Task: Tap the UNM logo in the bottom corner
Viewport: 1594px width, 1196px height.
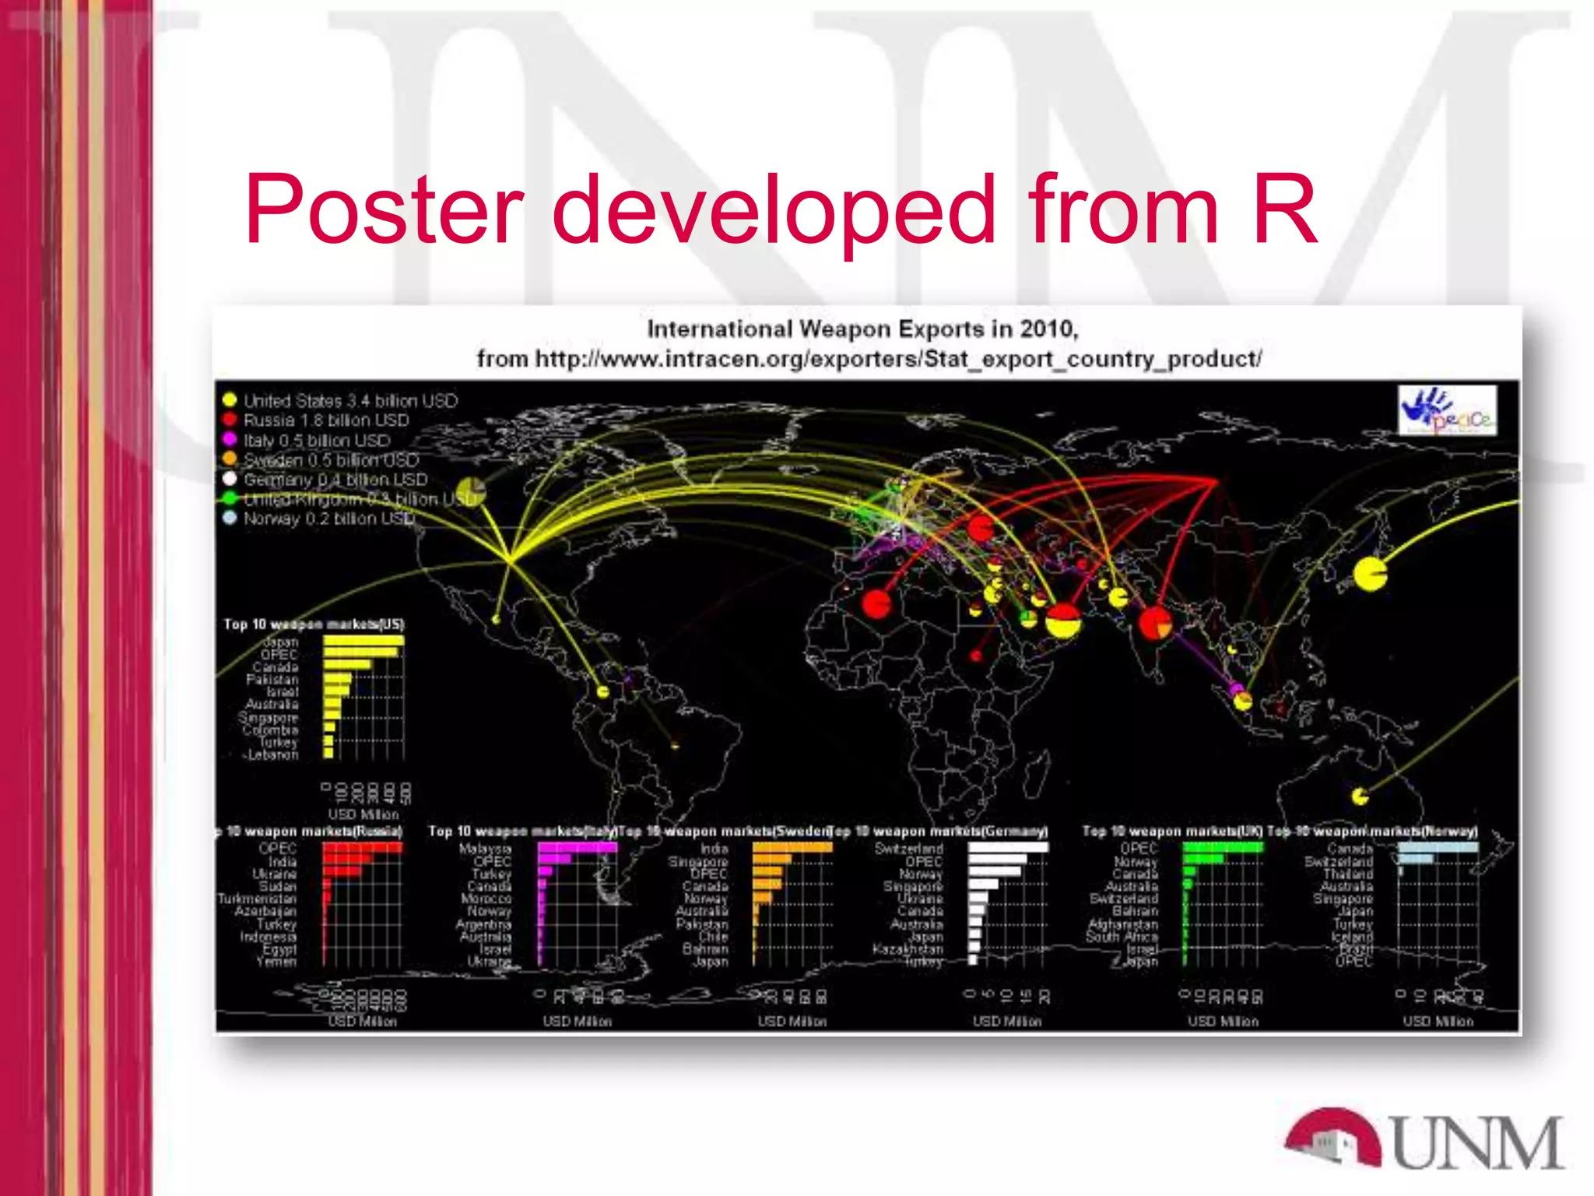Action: tap(1424, 1141)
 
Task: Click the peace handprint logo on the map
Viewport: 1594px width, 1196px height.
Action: tap(1447, 410)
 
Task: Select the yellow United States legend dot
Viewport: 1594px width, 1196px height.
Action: tap(230, 400)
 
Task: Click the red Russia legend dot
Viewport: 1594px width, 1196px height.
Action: tap(230, 420)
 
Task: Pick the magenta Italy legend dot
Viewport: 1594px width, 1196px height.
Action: tap(230, 440)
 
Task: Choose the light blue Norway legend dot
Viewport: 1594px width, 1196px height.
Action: tap(230, 518)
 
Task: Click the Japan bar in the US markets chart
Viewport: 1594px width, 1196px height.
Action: tap(363, 642)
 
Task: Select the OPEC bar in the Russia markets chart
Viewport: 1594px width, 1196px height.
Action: tap(363, 848)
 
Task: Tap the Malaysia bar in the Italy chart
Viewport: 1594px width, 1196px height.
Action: tap(577, 848)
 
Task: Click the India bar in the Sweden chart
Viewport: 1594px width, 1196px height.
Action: tap(792, 848)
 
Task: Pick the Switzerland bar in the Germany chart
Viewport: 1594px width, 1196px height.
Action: tap(1008, 848)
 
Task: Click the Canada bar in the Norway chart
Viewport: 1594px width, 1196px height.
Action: tap(1438, 848)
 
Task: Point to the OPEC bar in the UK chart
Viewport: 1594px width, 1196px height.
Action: tap(1222, 848)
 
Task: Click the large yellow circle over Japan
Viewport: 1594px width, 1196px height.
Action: tap(1370, 575)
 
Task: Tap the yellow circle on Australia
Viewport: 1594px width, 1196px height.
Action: tap(1360, 796)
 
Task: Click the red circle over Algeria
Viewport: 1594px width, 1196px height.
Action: tap(876, 603)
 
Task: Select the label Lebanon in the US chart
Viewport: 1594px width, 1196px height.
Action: tap(273, 755)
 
